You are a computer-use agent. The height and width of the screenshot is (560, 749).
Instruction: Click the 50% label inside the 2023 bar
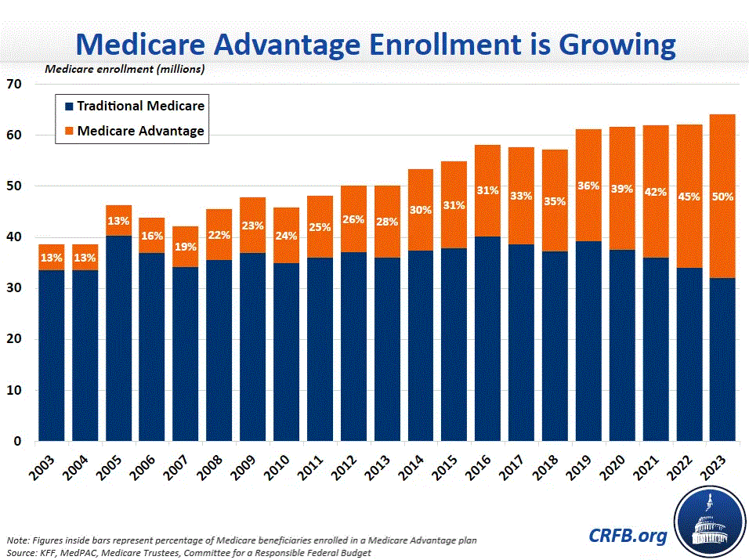[722, 197]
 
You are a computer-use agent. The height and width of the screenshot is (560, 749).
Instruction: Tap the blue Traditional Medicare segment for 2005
[119, 337]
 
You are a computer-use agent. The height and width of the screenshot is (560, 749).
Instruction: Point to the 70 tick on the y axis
[15, 84]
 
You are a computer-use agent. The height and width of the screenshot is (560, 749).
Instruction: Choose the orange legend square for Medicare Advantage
[68, 131]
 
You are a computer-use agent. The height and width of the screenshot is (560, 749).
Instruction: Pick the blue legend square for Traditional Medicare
[68, 106]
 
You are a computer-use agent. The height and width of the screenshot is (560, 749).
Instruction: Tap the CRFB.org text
[628, 536]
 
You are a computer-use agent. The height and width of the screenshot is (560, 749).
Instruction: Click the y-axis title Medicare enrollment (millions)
[125, 69]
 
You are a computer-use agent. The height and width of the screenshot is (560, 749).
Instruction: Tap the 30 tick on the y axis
[15, 288]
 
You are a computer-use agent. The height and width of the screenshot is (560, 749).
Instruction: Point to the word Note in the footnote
[16, 540]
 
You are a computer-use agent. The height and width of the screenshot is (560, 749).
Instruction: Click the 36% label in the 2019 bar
[588, 186]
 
